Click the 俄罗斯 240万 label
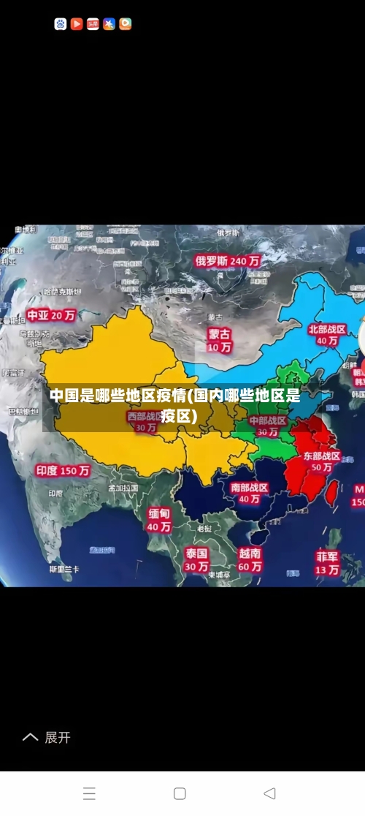click(x=227, y=260)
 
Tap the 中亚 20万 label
click(x=51, y=315)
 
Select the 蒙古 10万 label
click(x=219, y=340)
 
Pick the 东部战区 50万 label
click(x=321, y=461)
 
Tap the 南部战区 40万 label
click(x=249, y=493)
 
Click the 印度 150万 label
click(x=63, y=471)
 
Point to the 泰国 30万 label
click(x=196, y=559)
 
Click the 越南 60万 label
click(x=250, y=559)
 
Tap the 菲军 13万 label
click(x=327, y=562)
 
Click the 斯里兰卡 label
click(x=64, y=568)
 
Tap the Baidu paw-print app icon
click(x=61, y=24)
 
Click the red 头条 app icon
click(x=93, y=24)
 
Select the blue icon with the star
click(x=109, y=24)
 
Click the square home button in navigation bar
click(x=180, y=793)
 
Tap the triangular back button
click(x=269, y=793)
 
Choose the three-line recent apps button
click(x=89, y=793)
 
